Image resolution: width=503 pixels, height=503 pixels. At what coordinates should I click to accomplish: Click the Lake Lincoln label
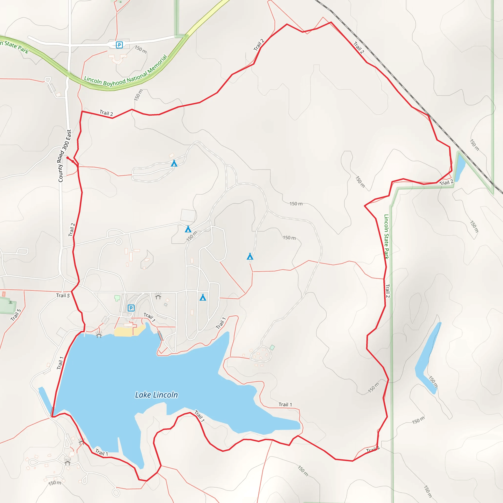(x=156, y=395)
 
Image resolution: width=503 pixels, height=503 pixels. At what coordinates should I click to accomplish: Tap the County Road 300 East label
(x=64, y=156)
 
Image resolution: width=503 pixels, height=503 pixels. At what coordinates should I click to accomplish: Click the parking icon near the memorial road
(x=119, y=45)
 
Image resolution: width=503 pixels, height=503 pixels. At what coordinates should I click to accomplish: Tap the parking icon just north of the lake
(x=131, y=308)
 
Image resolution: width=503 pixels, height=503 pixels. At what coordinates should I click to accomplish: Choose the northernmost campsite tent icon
(x=174, y=164)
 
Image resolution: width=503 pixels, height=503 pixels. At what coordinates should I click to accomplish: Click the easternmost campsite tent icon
(x=250, y=257)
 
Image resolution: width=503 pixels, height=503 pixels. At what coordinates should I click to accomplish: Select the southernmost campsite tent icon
(x=203, y=297)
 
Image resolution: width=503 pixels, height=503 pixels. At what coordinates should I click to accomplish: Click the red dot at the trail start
(x=68, y=158)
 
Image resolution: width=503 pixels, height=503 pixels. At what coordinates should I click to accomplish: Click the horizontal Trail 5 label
(x=63, y=295)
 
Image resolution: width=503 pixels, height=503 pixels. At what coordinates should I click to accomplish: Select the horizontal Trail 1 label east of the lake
(x=285, y=404)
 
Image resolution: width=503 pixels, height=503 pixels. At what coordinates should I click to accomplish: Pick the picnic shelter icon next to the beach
(x=99, y=334)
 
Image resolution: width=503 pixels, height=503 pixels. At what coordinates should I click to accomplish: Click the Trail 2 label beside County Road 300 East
(x=72, y=230)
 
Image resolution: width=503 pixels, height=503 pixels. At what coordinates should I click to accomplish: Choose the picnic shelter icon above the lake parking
(x=158, y=296)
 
